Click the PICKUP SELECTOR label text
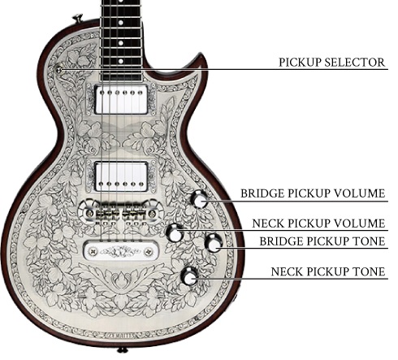pos(331,63)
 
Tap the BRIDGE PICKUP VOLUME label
pos(313,193)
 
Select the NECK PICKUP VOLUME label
pos(318,223)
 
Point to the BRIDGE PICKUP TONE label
pos(322,241)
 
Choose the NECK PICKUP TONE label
pos(328,271)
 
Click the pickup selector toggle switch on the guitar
pos(58,70)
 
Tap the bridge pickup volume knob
pos(199,199)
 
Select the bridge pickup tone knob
pos(214,243)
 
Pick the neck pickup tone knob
pos(189,276)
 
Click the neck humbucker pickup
pos(121,99)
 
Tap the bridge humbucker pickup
pos(121,176)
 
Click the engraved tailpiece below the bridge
pos(121,252)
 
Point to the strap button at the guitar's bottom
pos(122,350)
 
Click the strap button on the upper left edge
pos(78,19)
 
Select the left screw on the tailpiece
pos(93,252)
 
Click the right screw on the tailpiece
pos(148,252)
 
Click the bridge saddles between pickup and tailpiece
pos(121,214)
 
